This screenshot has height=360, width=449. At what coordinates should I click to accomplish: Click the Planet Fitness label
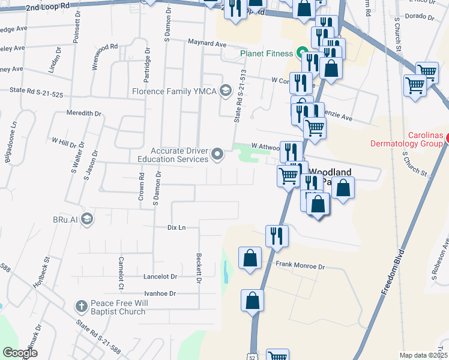[267, 53]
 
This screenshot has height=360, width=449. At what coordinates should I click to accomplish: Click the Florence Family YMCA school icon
[226, 91]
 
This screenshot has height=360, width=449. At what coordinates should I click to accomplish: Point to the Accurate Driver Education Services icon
[217, 155]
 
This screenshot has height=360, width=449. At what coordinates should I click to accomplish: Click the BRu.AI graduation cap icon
[88, 218]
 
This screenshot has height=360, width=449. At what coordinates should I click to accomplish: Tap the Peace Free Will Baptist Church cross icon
[81, 307]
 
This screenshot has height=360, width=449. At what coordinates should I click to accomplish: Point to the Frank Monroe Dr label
[300, 265]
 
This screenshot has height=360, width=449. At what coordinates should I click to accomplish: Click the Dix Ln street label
[176, 228]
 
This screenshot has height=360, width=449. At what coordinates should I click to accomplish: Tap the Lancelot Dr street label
[160, 277]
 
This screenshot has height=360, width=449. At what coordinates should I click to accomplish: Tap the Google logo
[20, 353]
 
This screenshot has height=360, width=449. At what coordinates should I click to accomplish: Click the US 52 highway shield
[255, 356]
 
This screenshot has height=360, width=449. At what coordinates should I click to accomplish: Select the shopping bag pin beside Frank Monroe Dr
[250, 258]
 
